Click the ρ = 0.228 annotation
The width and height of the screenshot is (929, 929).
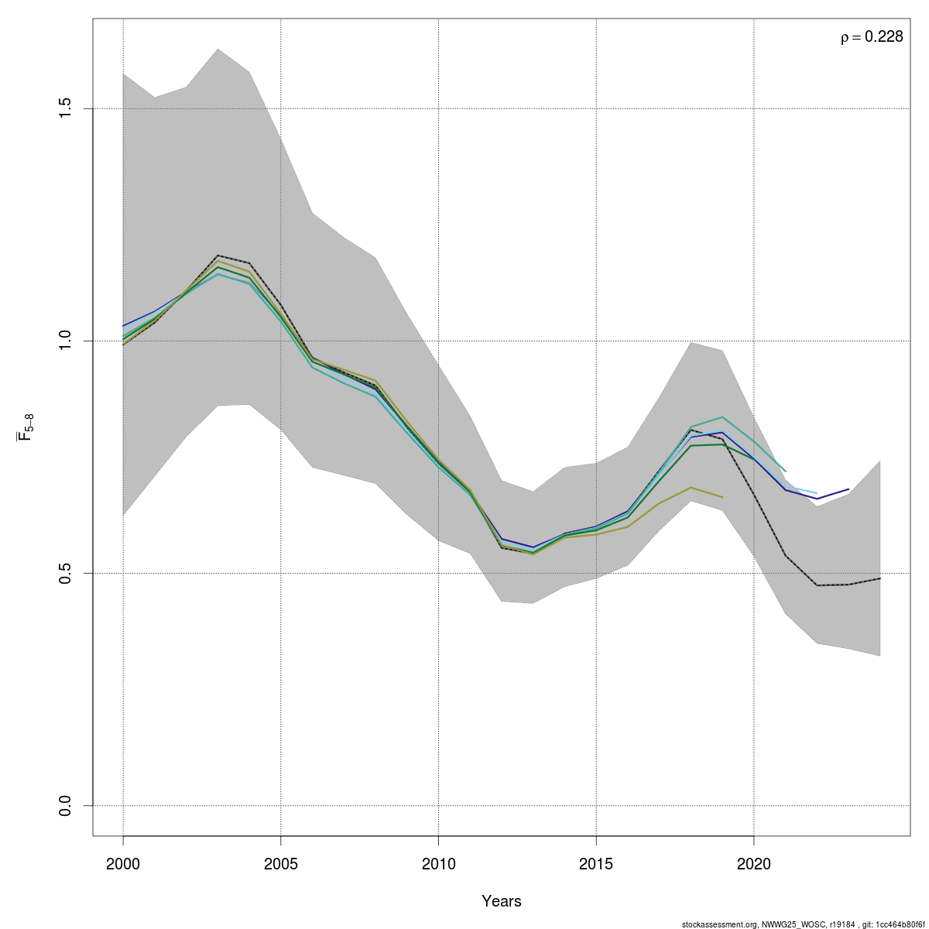[872, 37]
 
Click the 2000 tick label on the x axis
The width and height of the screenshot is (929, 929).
[123, 863]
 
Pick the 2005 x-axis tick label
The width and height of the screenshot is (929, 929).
[280, 863]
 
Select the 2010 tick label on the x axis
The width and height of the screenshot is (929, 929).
[438, 863]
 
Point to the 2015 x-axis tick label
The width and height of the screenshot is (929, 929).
[596, 863]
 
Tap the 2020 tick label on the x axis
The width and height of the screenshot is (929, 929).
[754, 863]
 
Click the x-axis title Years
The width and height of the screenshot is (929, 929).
[502, 901]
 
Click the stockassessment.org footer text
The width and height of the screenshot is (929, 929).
[804, 924]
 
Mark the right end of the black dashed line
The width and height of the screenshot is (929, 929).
[880, 578]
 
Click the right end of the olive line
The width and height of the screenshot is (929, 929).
[722, 497]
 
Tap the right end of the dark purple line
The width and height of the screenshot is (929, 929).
[848, 489]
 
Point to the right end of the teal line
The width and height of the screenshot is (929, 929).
[786, 471]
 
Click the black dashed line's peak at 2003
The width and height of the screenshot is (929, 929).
[218, 255]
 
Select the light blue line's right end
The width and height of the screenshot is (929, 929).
[818, 493]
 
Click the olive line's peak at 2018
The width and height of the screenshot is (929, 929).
[691, 487]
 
